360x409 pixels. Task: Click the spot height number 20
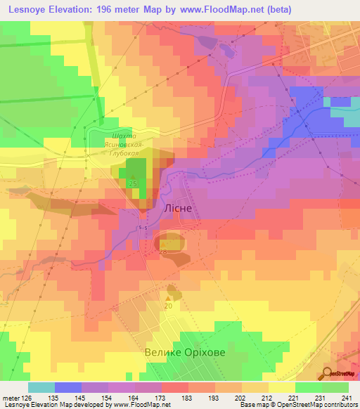168,306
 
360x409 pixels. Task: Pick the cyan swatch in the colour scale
41,387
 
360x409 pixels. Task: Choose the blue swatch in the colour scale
68,387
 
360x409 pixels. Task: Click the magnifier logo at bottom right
328,373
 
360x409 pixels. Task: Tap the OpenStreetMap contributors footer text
318,405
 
